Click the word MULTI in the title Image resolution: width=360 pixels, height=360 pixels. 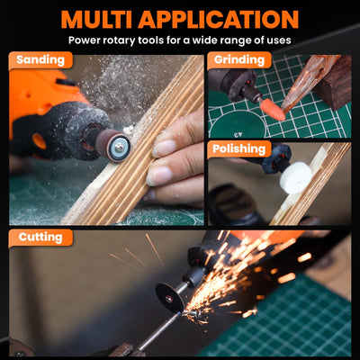[97, 20]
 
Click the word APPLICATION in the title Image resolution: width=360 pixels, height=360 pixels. [219, 20]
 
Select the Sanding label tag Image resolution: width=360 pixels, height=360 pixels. [40, 60]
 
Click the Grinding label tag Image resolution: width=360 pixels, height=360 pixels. [239, 60]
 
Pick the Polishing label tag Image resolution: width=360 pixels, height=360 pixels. [239, 149]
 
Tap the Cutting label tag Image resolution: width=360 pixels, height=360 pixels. [40, 238]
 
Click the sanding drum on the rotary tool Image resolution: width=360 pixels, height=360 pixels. [113, 145]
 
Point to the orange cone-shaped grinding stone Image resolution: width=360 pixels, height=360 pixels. [273, 110]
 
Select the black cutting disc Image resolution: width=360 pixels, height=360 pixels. [170, 298]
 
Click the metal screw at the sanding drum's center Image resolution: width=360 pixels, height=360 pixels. [120, 147]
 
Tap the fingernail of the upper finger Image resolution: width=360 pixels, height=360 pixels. [164, 148]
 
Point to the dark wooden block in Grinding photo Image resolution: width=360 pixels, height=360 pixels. [334, 83]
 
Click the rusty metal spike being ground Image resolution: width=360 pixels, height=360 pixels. [306, 85]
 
